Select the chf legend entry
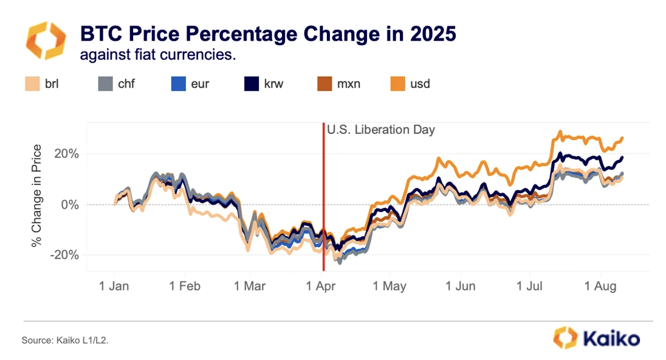pyautogui.click(x=115, y=83)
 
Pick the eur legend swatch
pyautogui.click(x=177, y=83)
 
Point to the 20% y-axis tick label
pyautogui.click(x=66, y=154)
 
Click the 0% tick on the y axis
pyautogui.click(x=70, y=205)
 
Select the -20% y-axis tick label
pyautogui.click(x=64, y=255)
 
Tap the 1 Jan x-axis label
pyautogui.click(x=114, y=285)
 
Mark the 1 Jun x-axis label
pyautogui.click(x=461, y=285)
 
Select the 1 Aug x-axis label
pyautogui.click(x=602, y=285)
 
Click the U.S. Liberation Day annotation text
pyautogui.click(x=381, y=130)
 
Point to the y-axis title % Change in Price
pyautogui.click(x=38, y=196)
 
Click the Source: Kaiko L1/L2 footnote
pyautogui.click(x=65, y=341)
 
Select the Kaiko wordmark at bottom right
pyautogui.click(x=610, y=338)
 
